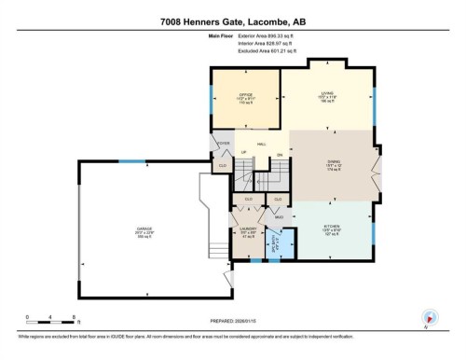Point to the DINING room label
333,165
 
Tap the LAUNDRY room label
247,230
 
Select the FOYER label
223,144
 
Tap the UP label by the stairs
244,153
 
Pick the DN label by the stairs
279,153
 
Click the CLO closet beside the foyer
223,165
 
